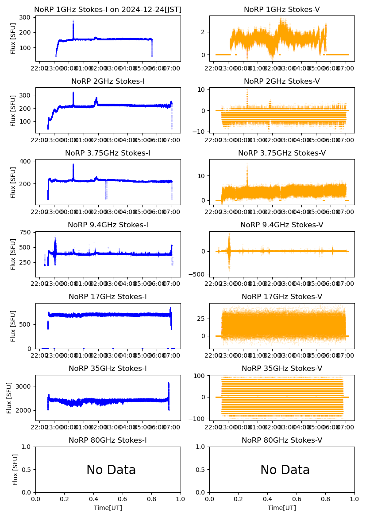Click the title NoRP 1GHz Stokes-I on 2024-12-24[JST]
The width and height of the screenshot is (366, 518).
pos(108,10)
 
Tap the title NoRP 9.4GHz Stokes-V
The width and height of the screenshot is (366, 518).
pos(282,225)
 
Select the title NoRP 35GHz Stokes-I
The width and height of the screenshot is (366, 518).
pos(108,369)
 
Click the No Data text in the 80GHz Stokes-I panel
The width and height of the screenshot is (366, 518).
pos(111,470)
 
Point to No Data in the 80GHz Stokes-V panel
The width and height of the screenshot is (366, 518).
pos(285,470)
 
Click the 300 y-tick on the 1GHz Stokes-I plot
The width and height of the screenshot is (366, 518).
pos(25,17)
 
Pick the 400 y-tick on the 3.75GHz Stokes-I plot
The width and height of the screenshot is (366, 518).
pos(25,161)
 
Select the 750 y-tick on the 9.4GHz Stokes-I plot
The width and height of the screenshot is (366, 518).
pos(25,233)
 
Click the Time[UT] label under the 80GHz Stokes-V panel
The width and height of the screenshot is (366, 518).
pos(282,508)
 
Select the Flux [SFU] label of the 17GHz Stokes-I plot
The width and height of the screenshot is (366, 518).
pos(13,326)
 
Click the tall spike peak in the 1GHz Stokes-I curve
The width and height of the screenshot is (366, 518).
pos(73,21)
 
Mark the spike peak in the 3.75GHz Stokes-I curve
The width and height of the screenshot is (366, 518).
pos(73,164)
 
